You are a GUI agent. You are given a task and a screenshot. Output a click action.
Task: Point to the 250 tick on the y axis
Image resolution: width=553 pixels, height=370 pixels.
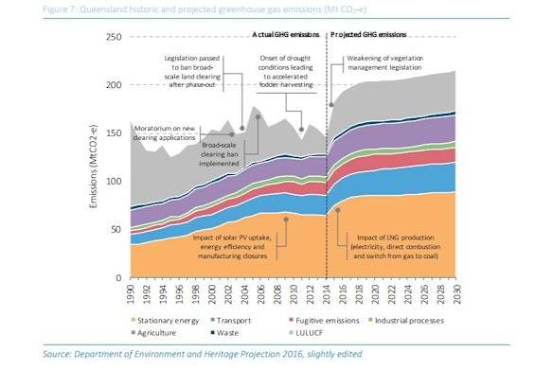pos(115,37)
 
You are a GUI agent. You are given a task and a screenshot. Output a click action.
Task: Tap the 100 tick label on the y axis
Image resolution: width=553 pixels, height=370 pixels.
pos(115,182)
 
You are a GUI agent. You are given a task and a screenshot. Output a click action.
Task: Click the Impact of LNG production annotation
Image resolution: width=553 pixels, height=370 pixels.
pos(403,244)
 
